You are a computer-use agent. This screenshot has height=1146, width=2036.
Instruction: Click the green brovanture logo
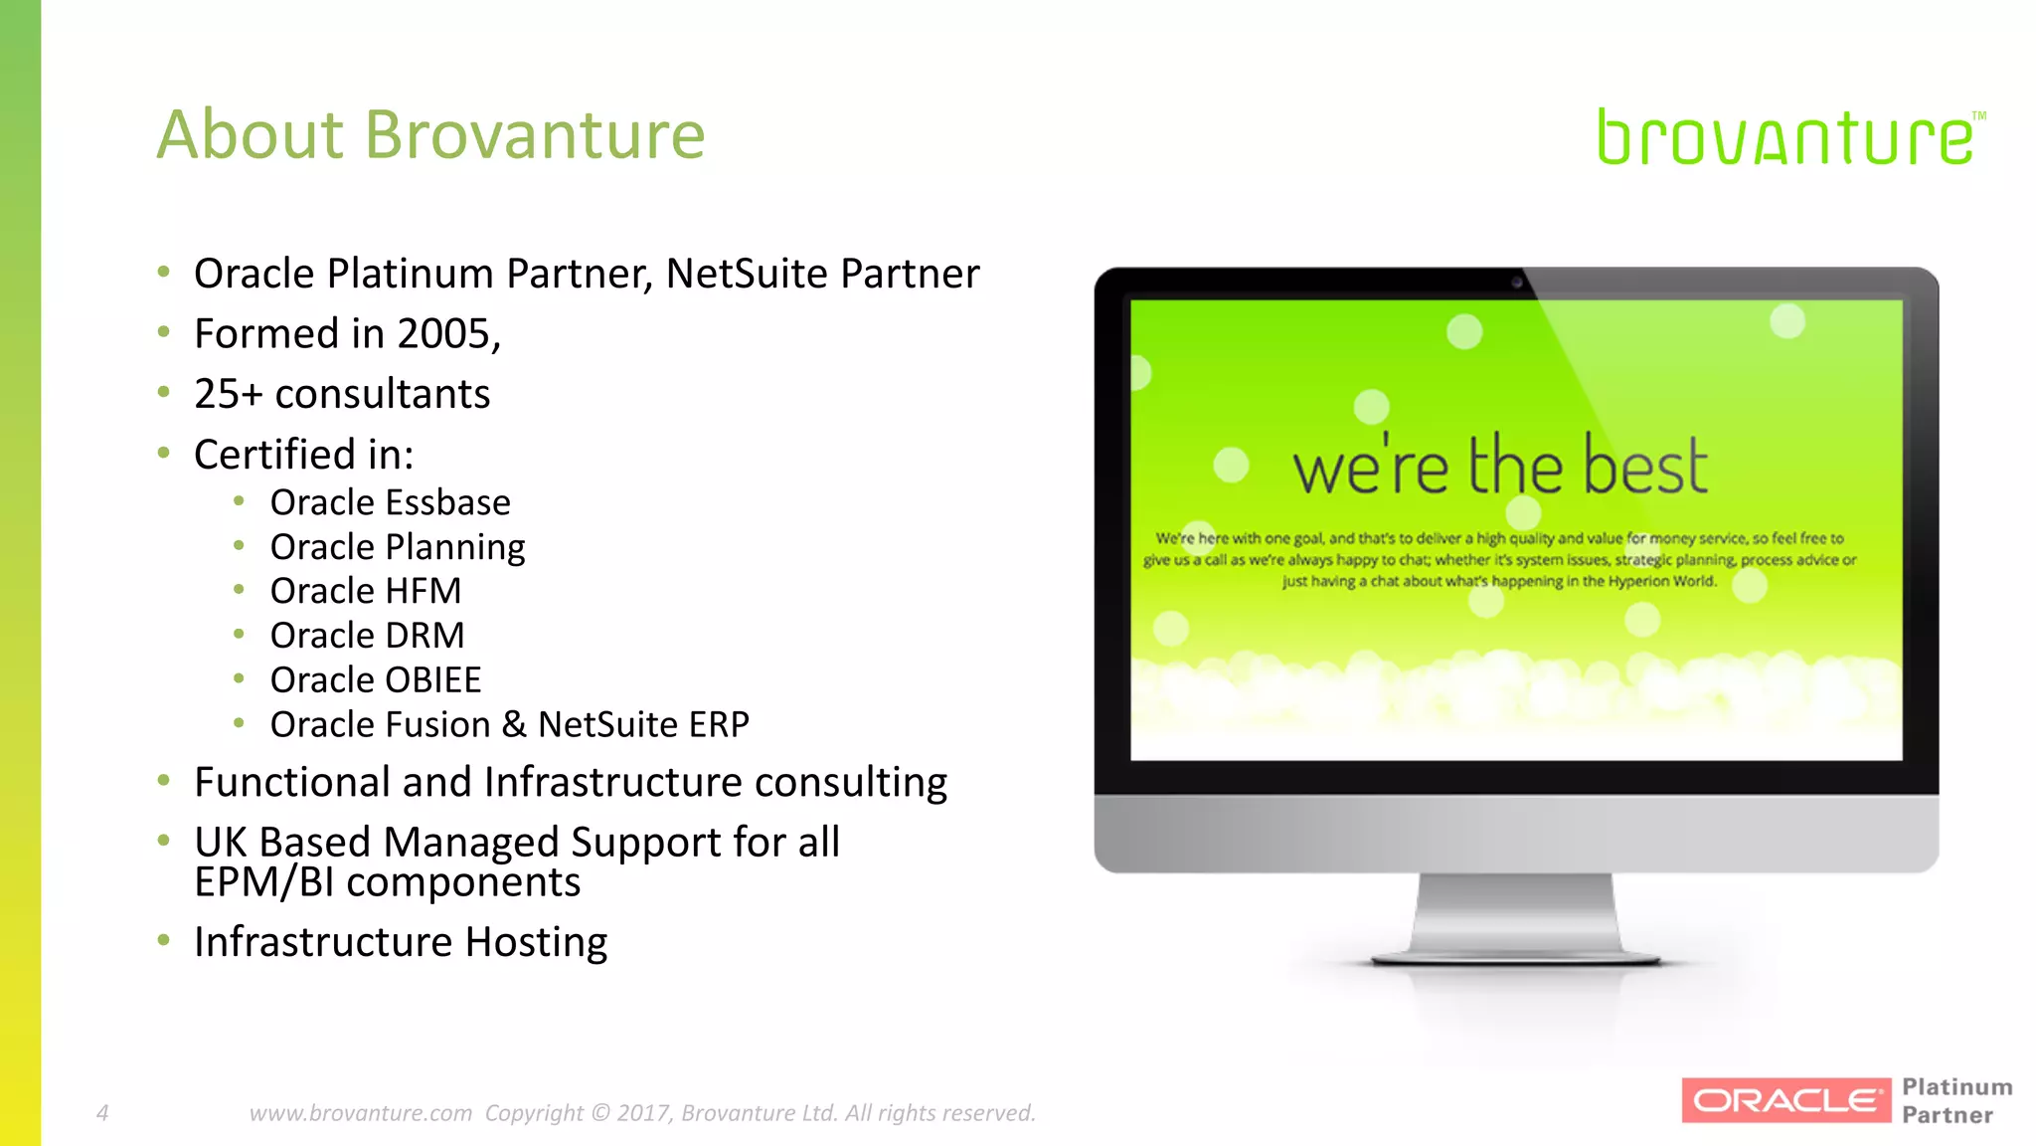click(x=1785, y=137)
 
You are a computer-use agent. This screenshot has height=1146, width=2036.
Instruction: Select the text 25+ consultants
click(x=342, y=394)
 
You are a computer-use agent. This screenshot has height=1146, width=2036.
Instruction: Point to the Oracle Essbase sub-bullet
click(x=390, y=502)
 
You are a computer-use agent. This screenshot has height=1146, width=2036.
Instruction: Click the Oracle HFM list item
click(x=365, y=591)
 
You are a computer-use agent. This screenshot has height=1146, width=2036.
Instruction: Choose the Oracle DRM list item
click(x=367, y=635)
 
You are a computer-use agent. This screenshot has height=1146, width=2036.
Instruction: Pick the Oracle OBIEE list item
click(x=375, y=679)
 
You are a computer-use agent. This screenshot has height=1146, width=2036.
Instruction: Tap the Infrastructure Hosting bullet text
click(x=400, y=942)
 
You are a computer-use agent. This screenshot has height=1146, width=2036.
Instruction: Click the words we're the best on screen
click(x=1499, y=466)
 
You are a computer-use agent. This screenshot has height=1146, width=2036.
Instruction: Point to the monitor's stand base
click(x=1515, y=958)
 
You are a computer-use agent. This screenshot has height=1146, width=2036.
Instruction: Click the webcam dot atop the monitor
click(x=1517, y=283)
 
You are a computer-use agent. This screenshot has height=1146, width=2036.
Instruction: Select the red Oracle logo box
click(x=1785, y=1100)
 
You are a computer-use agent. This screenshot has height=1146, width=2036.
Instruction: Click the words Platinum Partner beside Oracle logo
click(x=1955, y=1100)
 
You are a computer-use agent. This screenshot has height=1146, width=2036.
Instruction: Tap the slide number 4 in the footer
click(x=102, y=1112)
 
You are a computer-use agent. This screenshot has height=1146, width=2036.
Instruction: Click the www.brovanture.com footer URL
click(x=360, y=1112)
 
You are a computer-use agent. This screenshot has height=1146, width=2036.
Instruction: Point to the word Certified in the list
click(x=273, y=455)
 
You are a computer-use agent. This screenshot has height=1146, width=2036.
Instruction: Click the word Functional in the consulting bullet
click(x=292, y=782)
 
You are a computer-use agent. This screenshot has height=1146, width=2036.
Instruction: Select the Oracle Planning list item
click(x=397, y=547)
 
